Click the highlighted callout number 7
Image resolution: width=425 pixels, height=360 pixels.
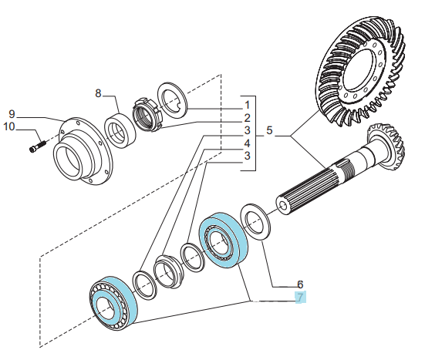point(300,297)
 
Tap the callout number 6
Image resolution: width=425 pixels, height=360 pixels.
point(300,284)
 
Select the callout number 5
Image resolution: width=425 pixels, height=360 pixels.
point(269,130)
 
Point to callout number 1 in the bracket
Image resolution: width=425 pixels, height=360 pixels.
point(247,105)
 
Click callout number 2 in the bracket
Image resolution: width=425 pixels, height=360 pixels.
point(247,118)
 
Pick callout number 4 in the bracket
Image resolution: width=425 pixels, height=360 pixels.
point(247,143)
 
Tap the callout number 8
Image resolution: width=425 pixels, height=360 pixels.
point(98,93)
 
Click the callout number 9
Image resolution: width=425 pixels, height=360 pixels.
point(12,114)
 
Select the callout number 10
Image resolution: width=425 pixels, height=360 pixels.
point(8,126)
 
